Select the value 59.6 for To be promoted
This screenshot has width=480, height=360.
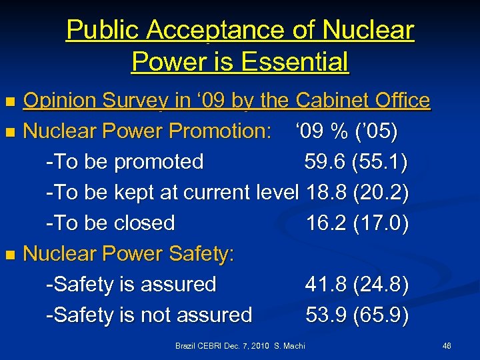click(x=324, y=161)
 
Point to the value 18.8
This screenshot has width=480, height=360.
click(x=325, y=192)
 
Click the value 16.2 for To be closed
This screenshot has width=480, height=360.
click(x=325, y=223)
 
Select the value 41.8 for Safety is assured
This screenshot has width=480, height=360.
click(x=325, y=284)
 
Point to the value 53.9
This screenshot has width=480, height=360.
click(x=325, y=315)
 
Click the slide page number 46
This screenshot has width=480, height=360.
click(x=447, y=345)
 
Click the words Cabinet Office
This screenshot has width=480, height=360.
click(x=363, y=101)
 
